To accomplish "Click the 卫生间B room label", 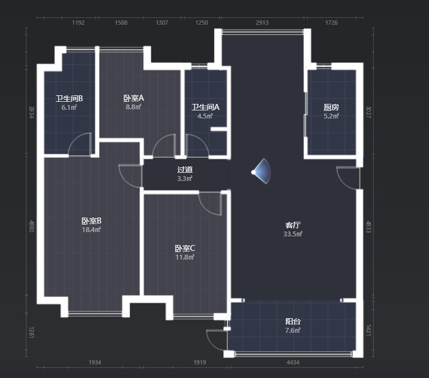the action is (69, 99).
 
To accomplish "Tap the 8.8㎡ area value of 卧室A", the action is (133, 107).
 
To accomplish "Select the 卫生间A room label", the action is (206, 107).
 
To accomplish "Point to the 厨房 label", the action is (332, 107).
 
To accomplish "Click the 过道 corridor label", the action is (185, 170).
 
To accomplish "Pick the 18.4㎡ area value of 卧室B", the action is (92, 229).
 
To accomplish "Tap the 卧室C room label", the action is (185, 248).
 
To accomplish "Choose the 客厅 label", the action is (293, 225).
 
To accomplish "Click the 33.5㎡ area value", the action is (293, 234).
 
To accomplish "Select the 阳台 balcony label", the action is (293, 321).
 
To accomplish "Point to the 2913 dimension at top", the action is (262, 23).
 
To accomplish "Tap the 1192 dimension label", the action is (78, 23).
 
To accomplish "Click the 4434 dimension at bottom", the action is (293, 362).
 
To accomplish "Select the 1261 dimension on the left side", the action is (32, 332).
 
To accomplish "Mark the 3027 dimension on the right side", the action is (369, 112).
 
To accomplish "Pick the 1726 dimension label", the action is (332, 23).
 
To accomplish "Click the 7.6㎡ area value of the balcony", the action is (293, 331).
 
